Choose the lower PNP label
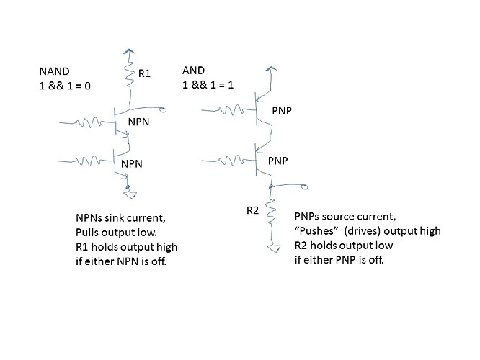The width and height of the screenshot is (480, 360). (278, 160)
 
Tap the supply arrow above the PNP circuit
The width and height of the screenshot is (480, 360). (271, 69)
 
